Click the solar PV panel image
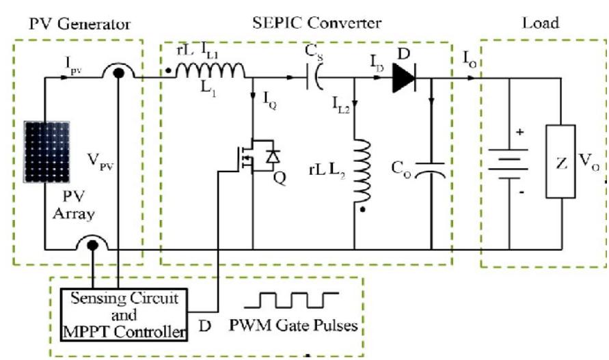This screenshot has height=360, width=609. click(46, 152)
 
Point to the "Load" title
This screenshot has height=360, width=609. click(540, 23)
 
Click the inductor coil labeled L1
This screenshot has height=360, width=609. click(211, 71)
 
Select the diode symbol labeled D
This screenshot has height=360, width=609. click(404, 80)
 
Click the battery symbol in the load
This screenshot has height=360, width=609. click(510, 164)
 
